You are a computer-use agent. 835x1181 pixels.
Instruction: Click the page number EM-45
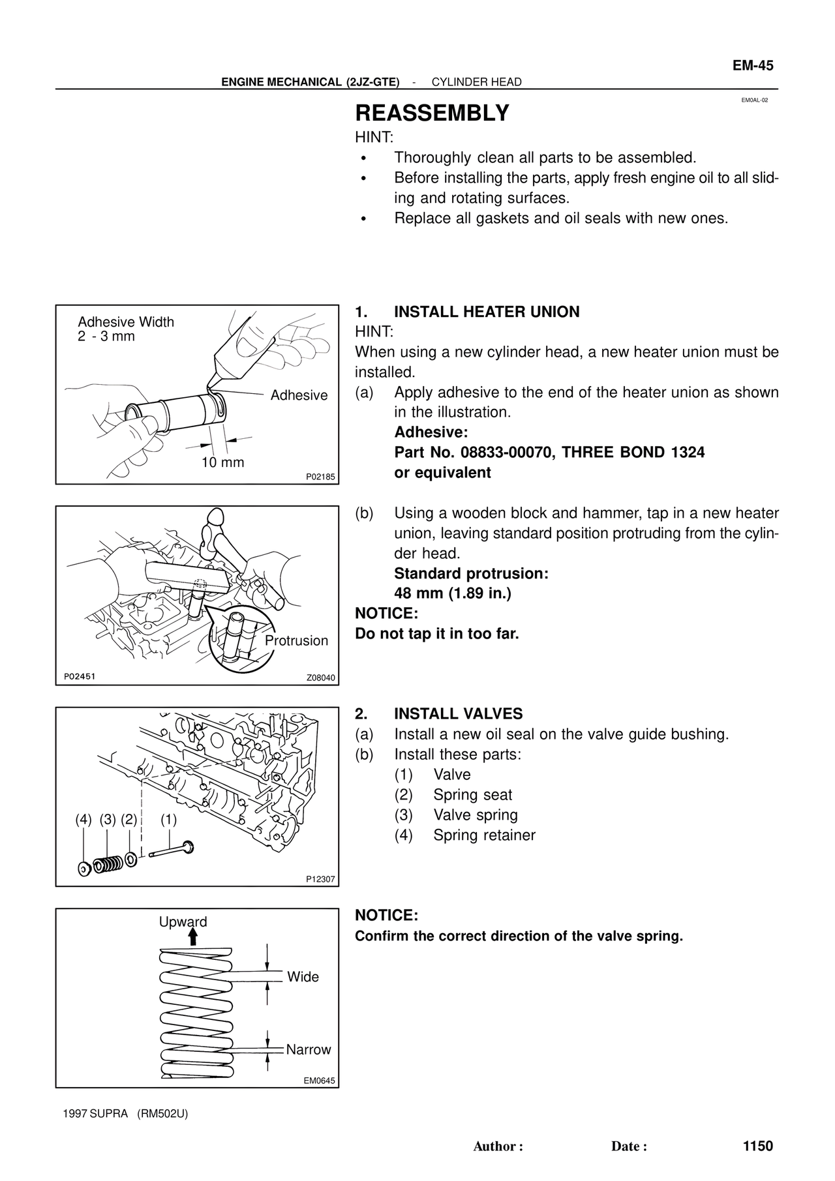(752, 65)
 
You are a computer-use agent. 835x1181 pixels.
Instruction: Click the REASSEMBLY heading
(432, 113)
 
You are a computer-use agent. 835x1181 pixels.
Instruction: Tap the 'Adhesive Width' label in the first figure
(126, 322)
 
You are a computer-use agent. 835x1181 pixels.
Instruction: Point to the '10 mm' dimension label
(222, 462)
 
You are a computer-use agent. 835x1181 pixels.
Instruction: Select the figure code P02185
(320, 477)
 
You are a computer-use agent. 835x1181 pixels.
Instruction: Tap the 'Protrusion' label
(296, 640)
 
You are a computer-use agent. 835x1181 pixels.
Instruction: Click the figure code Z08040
(320, 678)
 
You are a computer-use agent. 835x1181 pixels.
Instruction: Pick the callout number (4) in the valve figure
(83, 820)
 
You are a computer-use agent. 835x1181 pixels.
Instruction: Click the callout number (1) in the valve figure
(168, 820)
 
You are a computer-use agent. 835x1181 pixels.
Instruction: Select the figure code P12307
(320, 879)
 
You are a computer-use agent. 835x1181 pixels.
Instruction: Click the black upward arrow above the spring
(192, 937)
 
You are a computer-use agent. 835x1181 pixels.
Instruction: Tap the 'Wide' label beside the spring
(303, 977)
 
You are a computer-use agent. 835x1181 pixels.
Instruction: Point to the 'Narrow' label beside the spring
(309, 1049)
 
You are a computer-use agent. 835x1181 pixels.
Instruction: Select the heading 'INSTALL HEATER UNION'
(487, 312)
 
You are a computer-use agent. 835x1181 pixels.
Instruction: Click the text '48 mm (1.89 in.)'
(453, 593)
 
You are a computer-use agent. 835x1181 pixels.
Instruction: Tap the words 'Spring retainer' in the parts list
(484, 835)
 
